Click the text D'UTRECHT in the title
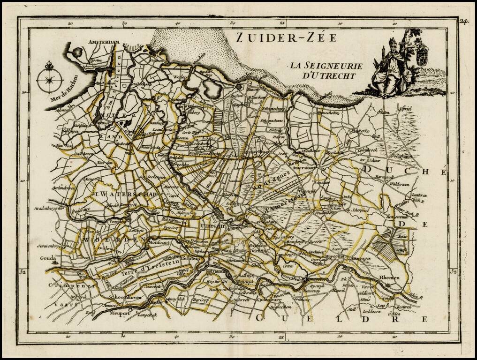coord(328,75)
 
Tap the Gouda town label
coord(48,258)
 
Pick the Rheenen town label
coord(389,277)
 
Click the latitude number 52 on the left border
coord(22,271)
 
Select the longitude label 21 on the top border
coord(282,22)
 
